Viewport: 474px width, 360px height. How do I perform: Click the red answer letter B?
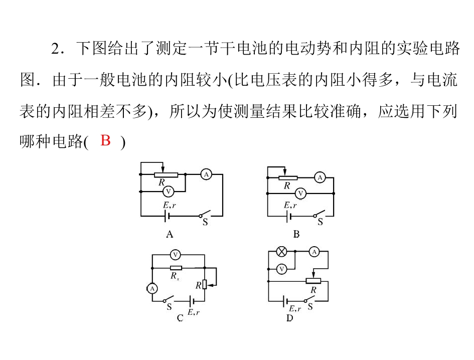[105, 141]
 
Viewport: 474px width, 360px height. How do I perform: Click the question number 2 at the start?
[56, 50]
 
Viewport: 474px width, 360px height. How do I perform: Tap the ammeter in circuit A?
[206, 174]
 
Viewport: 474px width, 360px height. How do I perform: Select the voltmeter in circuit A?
[169, 191]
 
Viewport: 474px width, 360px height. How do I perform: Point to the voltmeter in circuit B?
[300, 193]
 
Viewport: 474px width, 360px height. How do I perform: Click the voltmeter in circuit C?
[175, 254]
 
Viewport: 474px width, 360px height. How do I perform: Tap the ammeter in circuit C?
[151, 288]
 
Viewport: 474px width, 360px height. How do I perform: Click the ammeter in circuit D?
[314, 252]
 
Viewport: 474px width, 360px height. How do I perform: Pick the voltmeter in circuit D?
[281, 269]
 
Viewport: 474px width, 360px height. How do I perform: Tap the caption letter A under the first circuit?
[169, 234]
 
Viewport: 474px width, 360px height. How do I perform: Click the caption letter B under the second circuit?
[296, 234]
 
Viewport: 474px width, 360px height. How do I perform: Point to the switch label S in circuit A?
[205, 222]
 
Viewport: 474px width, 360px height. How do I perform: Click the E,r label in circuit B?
[290, 205]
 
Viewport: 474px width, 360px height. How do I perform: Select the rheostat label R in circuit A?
[162, 183]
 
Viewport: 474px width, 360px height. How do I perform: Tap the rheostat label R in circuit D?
[313, 289]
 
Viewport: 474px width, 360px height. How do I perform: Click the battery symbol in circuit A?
[167, 216]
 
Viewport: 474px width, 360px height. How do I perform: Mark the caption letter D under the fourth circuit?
[289, 318]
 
